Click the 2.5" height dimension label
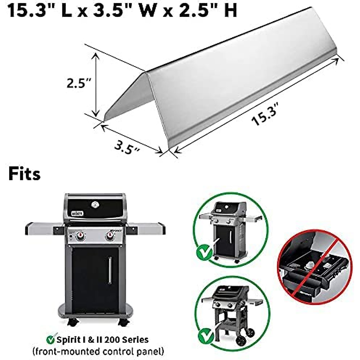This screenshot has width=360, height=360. pyautogui.click(x=79, y=83)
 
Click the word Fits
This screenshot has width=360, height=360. pyautogui.click(x=24, y=174)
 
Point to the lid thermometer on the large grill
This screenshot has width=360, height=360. pyautogui.click(x=95, y=205)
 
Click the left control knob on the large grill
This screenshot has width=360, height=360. pyautogui.click(x=80, y=236)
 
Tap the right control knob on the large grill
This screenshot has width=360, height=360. pyautogui.click(x=109, y=236)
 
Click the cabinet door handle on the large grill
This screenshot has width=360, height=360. pyautogui.click(x=110, y=270)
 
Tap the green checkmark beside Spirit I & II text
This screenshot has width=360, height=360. pyautogui.click(x=51, y=340)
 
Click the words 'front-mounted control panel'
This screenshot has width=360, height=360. pyautogui.click(x=98, y=351)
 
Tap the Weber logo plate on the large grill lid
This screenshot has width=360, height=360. pyautogui.click(x=78, y=214)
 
